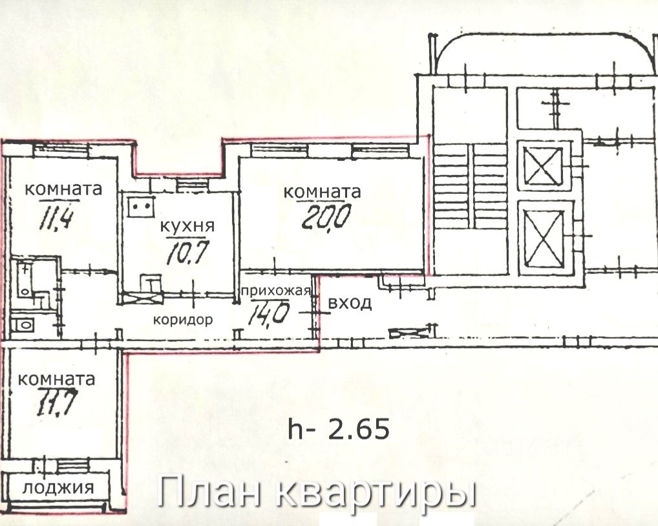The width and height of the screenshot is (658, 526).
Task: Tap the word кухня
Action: pos(187,226)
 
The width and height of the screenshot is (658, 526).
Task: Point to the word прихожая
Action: pos(277,291)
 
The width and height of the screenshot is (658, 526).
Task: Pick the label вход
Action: pos(350,304)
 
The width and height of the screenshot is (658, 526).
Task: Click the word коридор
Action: pos(182,320)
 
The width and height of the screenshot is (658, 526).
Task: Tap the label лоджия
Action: pos(58,488)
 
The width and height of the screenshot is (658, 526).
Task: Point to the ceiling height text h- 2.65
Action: pos(339,428)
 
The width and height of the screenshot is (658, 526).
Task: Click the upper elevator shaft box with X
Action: pos(544,167)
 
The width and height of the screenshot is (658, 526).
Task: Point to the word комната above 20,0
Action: pos(322,192)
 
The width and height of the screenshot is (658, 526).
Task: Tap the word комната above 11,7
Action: pos(57,379)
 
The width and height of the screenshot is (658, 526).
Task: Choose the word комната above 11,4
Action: pos(63,189)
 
